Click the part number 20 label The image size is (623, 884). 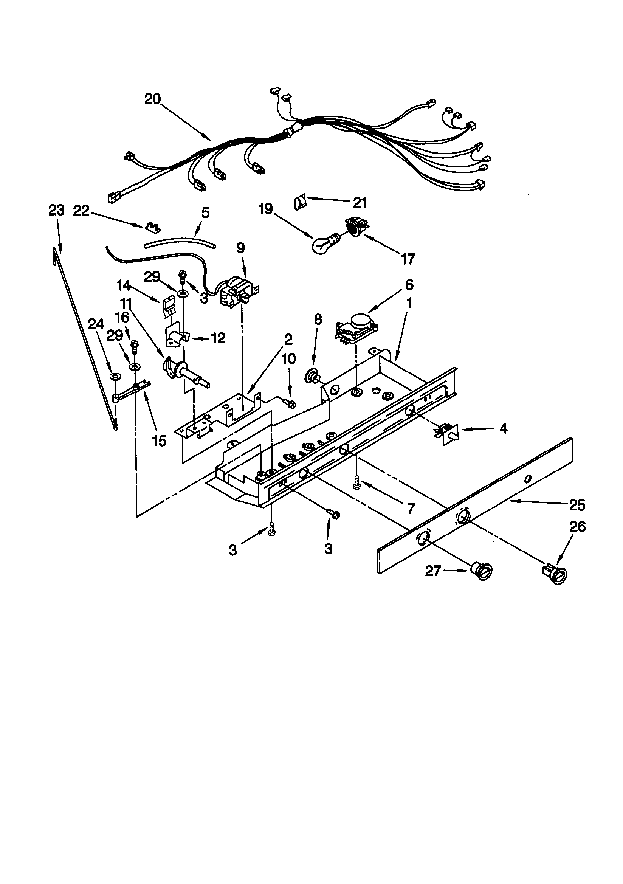(152, 99)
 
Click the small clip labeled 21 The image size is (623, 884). (300, 202)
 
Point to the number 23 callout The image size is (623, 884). (56, 211)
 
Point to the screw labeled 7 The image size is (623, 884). (356, 481)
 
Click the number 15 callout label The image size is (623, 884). (159, 441)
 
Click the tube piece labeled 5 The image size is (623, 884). (180, 244)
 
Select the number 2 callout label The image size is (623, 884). (288, 339)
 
